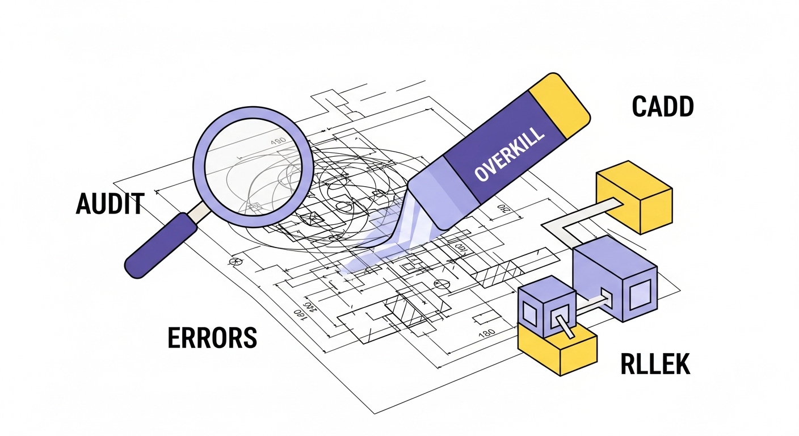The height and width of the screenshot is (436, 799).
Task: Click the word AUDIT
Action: coord(110,203)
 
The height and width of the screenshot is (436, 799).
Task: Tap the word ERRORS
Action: coord(212,337)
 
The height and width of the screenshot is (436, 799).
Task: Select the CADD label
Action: coord(662,107)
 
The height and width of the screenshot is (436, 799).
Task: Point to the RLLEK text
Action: coord(655,364)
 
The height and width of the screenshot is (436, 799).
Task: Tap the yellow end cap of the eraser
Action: coord(560,106)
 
